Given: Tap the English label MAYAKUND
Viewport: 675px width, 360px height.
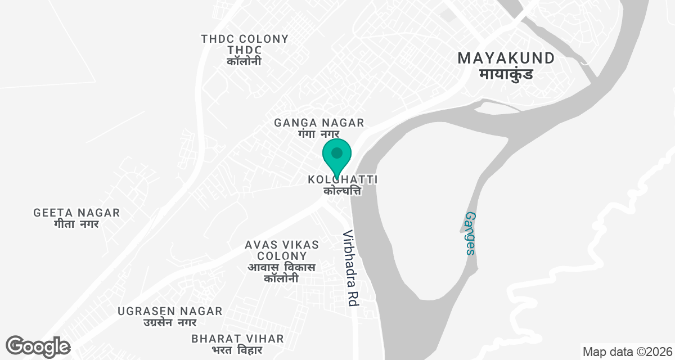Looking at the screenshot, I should pyautogui.click(x=506, y=58).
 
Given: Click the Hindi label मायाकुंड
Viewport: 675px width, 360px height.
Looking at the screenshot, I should pyautogui.click(x=506, y=74).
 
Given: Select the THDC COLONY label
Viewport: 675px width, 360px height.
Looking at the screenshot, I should pyautogui.click(x=245, y=39).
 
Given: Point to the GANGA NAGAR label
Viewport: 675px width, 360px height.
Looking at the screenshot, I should pyautogui.click(x=319, y=123).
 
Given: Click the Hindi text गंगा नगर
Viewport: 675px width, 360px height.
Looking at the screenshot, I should pyautogui.click(x=319, y=134).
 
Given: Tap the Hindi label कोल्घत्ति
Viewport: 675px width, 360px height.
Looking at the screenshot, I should pyautogui.click(x=342, y=191).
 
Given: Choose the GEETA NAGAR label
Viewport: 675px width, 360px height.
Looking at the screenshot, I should pyautogui.click(x=76, y=213).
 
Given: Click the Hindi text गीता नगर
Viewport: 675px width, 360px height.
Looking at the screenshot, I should pyautogui.click(x=76, y=224).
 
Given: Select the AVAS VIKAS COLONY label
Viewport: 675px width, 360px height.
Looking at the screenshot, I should pyautogui.click(x=282, y=250).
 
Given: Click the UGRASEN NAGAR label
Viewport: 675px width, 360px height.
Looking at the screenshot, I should pyautogui.click(x=170, y=311).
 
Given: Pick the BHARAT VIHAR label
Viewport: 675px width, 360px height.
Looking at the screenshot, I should pyautogui.click(x=237, y=339).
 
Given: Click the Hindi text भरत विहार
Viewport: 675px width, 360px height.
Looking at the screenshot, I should pyautogui.click(x=237, y=350).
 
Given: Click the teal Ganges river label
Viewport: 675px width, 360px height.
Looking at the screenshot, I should pyautogui.click(x=471, y=233).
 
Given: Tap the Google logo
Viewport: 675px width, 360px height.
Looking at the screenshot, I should pyautogui.click(x=38, y=346).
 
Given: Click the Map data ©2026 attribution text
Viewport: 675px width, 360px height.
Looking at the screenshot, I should pyautogui.click(x=627, y=352).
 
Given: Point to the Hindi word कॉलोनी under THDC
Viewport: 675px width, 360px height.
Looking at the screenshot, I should pyautogui.click(x=244, y=61).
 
